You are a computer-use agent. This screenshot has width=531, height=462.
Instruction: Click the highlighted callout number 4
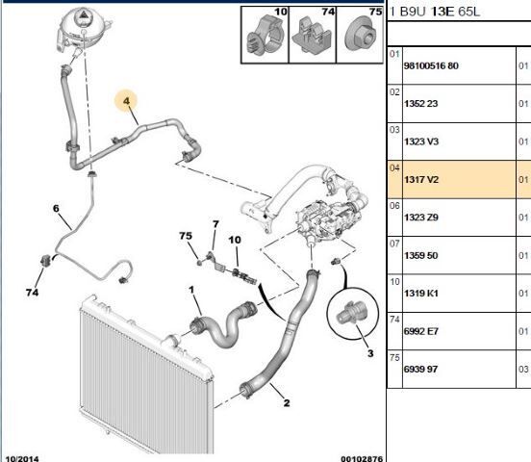point(126,101)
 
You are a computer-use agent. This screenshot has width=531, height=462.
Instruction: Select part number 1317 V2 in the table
point(421,179)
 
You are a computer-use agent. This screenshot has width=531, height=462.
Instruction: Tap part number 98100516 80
point(431,65)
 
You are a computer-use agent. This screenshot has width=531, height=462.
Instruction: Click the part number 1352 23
point(420,103)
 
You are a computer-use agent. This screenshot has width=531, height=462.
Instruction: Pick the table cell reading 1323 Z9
point(421,218)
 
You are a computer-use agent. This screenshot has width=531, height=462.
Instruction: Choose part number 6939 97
point(420,369)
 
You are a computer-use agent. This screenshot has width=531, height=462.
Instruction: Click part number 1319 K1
point(420,294)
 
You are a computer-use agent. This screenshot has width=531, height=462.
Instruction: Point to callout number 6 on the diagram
point(56,208)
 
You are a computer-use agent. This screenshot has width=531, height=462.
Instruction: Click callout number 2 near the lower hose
point(287,402)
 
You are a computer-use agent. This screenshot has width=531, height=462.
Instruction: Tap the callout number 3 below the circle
point(370,353)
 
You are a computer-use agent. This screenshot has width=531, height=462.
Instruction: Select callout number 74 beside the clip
point(32,293)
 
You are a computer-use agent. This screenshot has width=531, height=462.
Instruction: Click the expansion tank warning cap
point(83,15)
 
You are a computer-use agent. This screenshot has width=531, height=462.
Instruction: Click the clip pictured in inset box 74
point(312,36)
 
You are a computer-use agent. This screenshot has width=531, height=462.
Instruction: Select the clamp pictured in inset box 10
point(265,37)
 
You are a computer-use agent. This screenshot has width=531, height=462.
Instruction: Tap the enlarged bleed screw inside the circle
point(348,313)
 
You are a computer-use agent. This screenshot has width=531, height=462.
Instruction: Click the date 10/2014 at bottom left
point(22,458)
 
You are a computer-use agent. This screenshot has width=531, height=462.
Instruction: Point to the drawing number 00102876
point(362,458)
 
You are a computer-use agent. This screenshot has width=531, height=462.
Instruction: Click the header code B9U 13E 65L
point(440,12)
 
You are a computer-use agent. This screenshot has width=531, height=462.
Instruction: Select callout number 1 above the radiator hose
point(191,290)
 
